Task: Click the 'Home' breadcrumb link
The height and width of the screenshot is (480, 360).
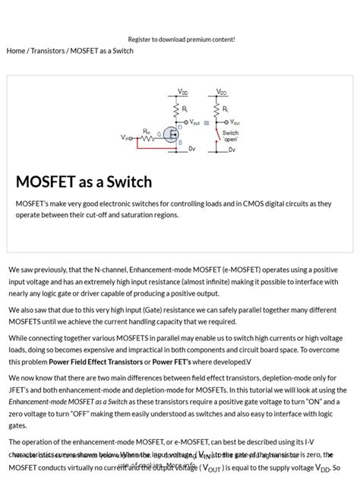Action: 15,51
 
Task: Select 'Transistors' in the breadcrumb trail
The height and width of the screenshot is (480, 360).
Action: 47,51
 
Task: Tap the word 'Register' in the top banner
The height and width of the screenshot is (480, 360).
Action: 140,39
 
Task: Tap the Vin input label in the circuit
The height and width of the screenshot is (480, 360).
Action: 125,137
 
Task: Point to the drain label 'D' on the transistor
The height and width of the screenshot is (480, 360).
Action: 180,128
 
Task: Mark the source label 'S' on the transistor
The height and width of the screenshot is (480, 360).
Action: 180,143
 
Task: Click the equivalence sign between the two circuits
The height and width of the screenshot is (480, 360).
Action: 206,122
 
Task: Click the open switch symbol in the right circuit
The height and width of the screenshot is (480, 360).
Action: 219,137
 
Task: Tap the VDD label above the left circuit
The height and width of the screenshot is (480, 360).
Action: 183,92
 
